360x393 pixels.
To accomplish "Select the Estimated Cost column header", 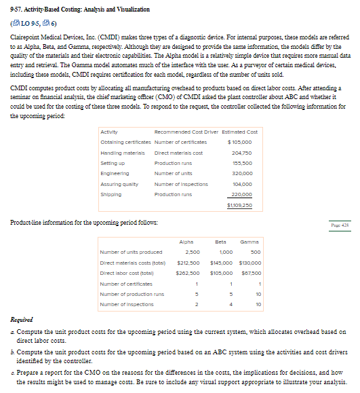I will tap(241, 132).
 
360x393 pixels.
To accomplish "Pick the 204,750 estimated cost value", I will tap(245, 153).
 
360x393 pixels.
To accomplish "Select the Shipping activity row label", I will tap(111, 194).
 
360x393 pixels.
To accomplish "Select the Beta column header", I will tap(220, 242).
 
